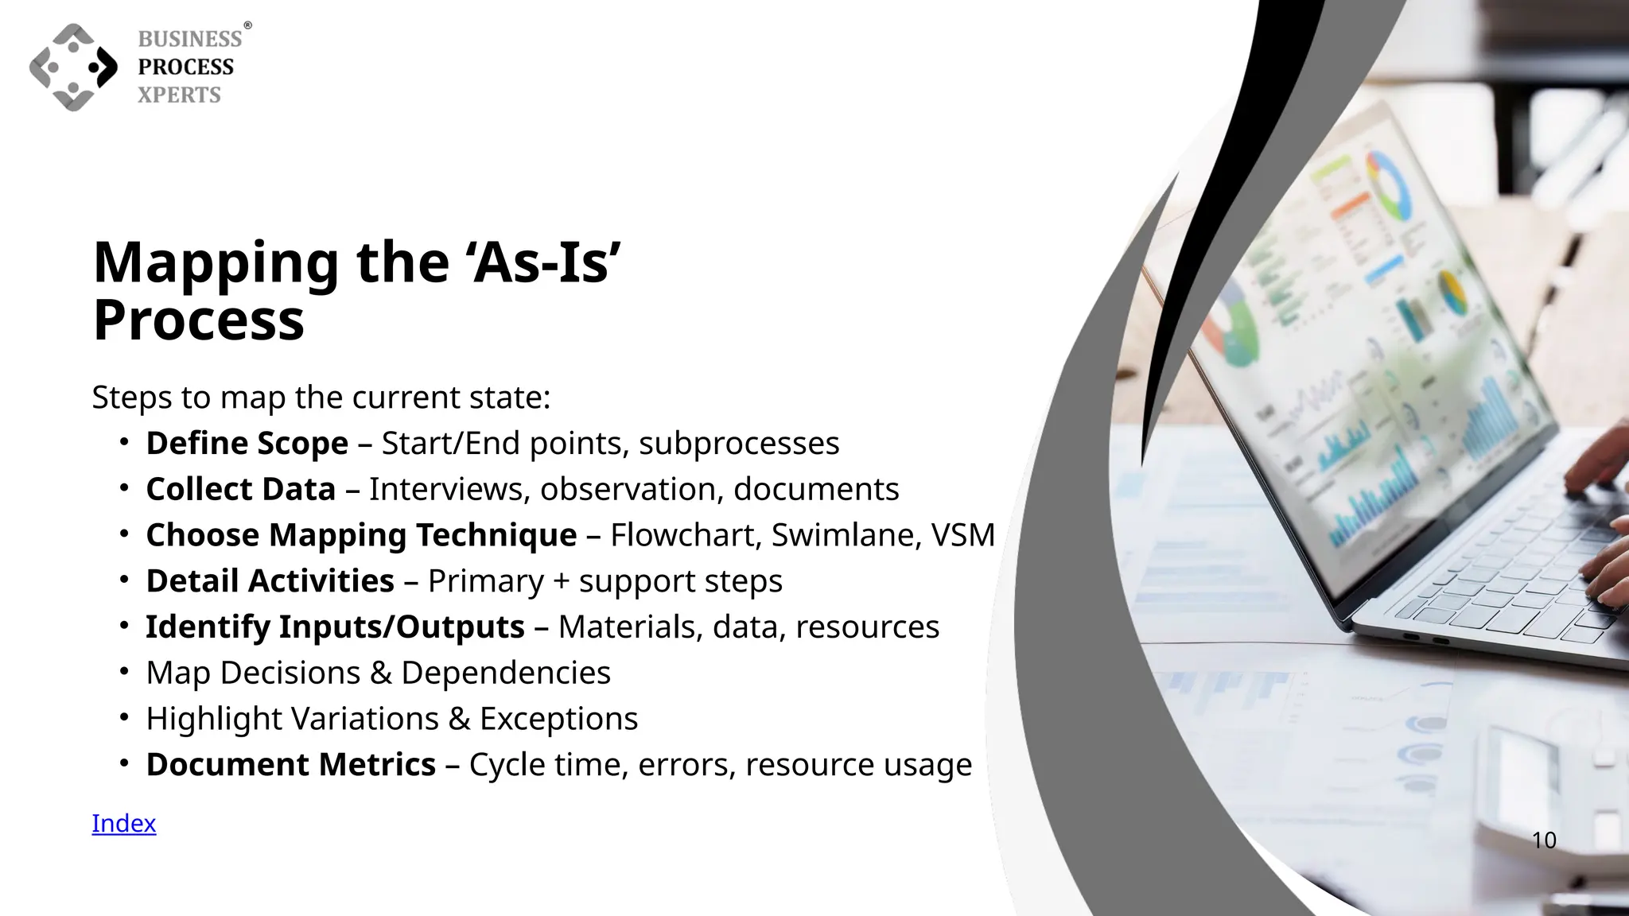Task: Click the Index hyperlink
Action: pos(123,823)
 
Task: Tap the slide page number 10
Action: pos(1544,840)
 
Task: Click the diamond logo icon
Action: pos(73,67)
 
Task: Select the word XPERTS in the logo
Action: pos(179,95)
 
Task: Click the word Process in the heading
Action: pos(199,320)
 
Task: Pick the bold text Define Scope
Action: pos(247,443)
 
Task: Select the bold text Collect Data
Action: pos(240,489)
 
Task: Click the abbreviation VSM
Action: pos(963,535)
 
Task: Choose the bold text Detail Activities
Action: pos(270,581)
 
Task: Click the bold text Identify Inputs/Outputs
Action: pos(335,627)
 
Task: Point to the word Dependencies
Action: pos(505,673)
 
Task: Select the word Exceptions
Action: pos(558,719)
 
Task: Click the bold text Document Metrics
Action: pos(290,765)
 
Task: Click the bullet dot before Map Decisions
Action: pos(124,672)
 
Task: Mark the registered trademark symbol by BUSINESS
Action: pos(247,25)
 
